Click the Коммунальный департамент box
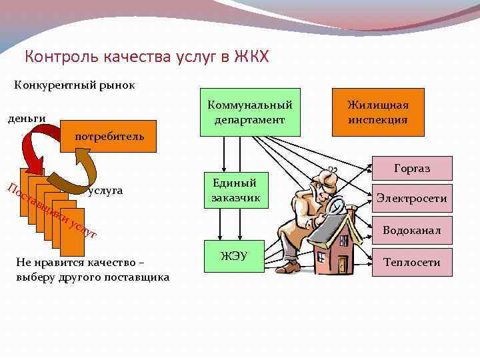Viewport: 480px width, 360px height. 250,112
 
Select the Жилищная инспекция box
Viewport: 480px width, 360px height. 377,112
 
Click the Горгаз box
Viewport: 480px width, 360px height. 411,168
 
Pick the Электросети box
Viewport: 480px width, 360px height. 411,199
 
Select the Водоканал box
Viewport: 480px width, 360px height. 411,230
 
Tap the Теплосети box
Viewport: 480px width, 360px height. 411,262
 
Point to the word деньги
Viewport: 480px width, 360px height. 26,119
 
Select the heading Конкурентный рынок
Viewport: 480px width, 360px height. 75,85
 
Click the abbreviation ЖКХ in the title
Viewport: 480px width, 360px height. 251,57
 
